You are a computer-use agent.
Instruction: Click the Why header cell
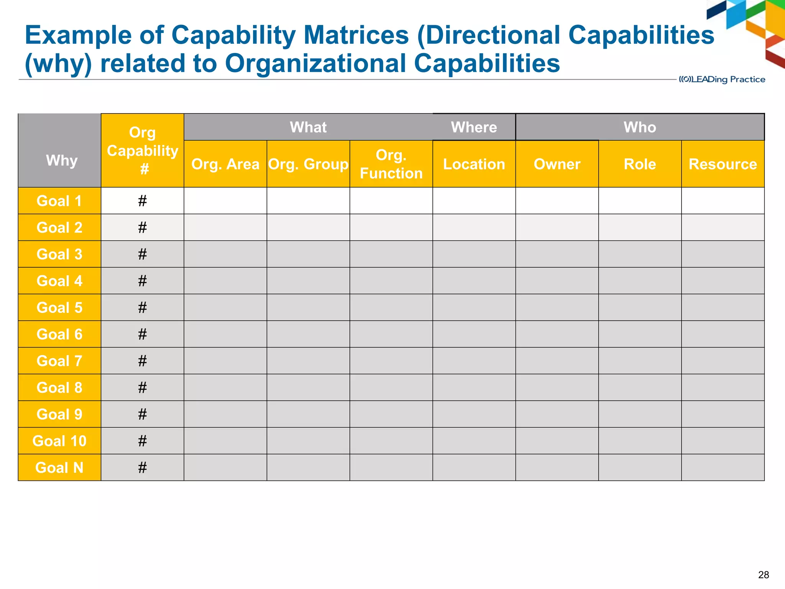click(61, 160)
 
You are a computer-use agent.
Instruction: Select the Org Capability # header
click(143, 150)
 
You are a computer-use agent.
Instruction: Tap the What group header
click(308, 127)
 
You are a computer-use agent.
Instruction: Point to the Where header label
click(474, 127)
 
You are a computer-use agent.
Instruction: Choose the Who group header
click(640, 127)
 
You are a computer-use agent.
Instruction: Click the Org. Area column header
click(225, 164)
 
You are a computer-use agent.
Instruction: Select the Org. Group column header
click(308, 164)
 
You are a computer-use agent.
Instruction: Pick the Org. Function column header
click(391, 164)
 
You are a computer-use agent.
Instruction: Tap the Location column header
click(474, 164)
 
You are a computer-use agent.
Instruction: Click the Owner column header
click(557, 164)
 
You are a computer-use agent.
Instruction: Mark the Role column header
click(640, 164)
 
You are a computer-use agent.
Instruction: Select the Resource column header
click(723, 164)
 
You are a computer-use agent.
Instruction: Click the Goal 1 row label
click(59, 201)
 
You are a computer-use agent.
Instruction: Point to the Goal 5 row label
click(59, 308)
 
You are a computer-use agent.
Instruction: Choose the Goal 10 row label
click(59, 441)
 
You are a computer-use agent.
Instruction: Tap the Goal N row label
click(59, 468)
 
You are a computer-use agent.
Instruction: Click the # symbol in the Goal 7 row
click(143, 361)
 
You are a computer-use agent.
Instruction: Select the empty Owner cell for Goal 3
click(557, 254)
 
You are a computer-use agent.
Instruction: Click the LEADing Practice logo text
click(722, 79)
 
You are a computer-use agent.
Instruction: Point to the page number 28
click(763, 575)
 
